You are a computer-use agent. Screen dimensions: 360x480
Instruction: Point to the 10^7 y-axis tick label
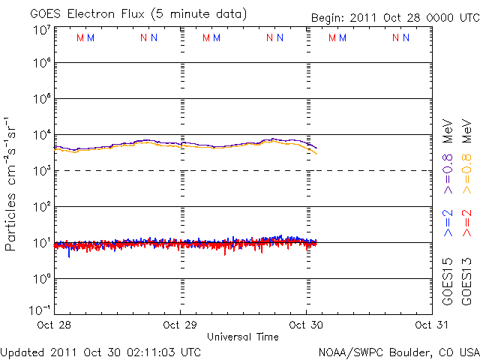40,31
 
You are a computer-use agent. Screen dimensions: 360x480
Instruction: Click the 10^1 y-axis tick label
40,243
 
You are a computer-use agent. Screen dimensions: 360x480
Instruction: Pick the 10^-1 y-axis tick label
40,310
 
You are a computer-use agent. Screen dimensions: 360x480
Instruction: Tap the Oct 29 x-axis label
181,325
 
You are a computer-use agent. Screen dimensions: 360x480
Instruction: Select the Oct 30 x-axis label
304,325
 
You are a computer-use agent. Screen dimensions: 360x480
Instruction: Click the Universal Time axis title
242,337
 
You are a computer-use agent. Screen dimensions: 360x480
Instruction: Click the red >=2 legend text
466,223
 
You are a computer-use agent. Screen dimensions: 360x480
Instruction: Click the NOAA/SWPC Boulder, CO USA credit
398,352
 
